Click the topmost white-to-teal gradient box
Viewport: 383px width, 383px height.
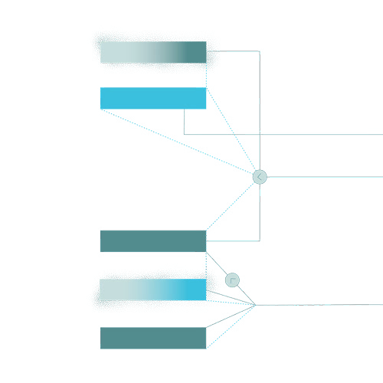click(153, 52)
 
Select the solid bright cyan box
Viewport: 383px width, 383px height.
click(153, 98)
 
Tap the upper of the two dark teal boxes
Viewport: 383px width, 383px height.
click(153, 241)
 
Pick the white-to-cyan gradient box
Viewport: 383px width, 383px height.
click(153, 290)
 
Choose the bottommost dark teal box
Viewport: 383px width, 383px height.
click(153, 338)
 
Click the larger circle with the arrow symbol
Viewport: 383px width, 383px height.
click(260, 177)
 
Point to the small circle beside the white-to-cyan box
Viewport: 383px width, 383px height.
click(232, 280)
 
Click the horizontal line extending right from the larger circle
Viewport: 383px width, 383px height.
click(322, 176)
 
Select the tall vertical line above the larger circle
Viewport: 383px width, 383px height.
click(260, 107)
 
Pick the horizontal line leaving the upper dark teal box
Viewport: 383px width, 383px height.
click(234, 241)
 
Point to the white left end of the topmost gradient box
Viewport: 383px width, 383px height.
click(107, 52)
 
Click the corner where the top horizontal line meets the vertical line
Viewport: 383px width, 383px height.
click(260, 51)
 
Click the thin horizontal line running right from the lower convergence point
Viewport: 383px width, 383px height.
click(322, 303)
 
